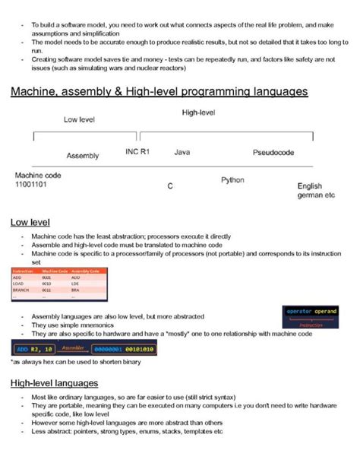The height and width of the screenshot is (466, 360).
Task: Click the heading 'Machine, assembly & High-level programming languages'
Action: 159,92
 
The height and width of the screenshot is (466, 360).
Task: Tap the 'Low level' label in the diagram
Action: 79,119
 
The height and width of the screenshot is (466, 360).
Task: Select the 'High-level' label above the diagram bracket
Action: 199,113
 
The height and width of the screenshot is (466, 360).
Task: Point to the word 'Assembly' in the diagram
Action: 83,156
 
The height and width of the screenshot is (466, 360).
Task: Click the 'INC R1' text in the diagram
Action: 137,152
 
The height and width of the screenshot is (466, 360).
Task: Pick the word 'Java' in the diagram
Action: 182,153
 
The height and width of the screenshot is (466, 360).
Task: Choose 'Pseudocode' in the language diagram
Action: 273,153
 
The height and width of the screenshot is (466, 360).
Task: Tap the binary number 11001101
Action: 31,184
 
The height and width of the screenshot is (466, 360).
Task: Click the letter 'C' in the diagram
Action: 170,185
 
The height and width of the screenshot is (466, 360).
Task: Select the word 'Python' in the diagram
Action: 232,180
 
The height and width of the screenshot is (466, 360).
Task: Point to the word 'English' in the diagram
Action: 310,185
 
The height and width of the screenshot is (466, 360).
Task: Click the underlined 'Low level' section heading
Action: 30,222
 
